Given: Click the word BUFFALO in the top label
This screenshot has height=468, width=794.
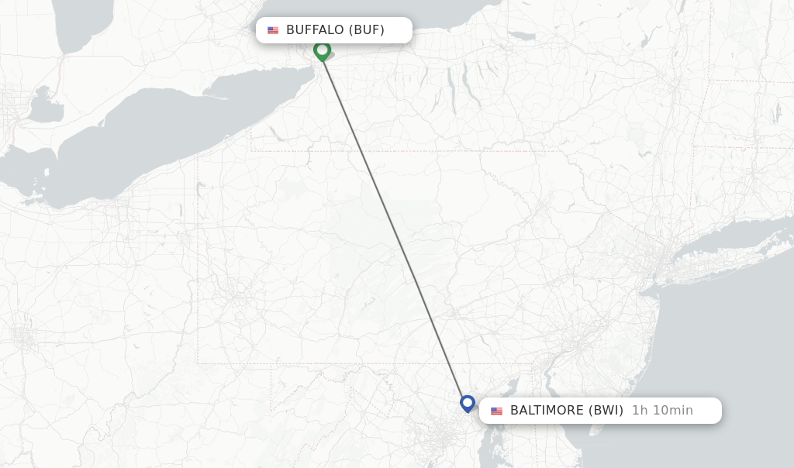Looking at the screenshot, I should click(x=314, y=30).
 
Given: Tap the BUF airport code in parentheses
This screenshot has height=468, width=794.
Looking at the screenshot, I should click(x=367, y=30).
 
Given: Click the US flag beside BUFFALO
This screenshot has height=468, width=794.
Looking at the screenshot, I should click(x=273, y=30).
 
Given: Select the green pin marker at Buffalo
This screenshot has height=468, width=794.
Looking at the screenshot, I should click(x=322, y=50).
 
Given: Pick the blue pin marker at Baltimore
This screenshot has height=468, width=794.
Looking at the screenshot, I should click(x=467, y=403).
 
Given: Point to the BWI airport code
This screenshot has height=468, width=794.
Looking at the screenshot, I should click(x=606, y=410).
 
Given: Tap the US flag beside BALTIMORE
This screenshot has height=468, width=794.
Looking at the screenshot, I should click(x=496, y=411).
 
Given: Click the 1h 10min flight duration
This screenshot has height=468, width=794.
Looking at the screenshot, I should click(x=662, y=410).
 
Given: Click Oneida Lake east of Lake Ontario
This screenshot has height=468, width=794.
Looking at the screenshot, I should click(x=522, y=36).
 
